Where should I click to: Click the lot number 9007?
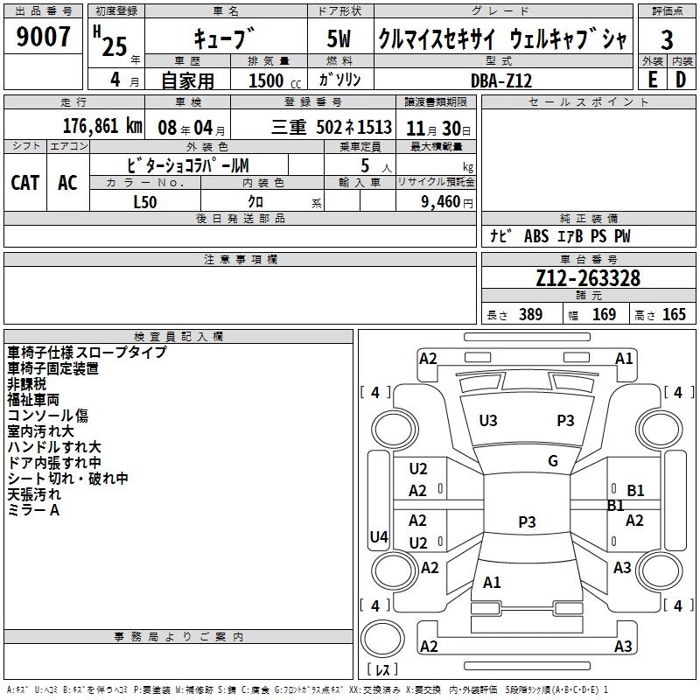click(44, 37)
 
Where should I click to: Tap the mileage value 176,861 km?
click(101, 126)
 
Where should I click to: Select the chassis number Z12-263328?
click(588, 279)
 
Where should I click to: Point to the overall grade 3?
click(667, 40)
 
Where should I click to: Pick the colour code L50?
click(144, 202)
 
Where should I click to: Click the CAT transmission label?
click(24, 182)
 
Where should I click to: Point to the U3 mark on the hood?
click(488, 421)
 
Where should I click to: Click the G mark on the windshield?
click(553, 461)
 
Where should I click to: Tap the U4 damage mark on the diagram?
click(379, 536)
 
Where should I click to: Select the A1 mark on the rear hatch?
click(493, 583)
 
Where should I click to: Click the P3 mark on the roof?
click(527, 522)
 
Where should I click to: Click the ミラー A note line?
click(34, 510)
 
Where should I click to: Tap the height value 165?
click(674, 315)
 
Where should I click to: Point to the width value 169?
click(604, 315)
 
